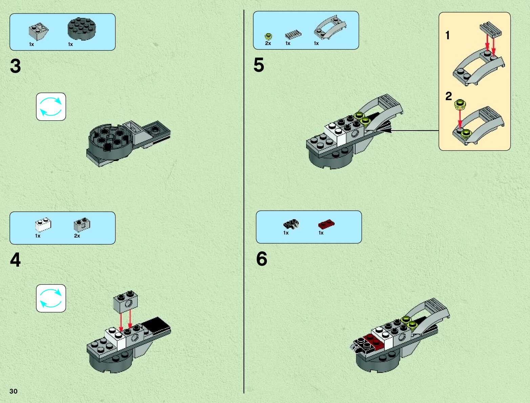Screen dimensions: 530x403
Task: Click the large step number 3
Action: [x=16, y=66]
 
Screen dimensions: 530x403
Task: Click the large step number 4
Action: [x=16, y=260]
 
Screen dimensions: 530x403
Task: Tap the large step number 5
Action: [x=259, y=65]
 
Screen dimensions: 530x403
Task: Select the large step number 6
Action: [x=262, y=259]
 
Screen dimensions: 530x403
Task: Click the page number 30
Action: [x=14, y=391]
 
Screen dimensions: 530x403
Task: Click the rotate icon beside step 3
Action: [x=51, y=107]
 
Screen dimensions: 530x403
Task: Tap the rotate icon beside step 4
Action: [x=51, y=298]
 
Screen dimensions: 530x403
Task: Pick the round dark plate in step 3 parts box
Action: [x=82, y=29]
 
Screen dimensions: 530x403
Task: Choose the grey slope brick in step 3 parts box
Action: [x=38, y=31]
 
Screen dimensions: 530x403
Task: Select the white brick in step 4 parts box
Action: [x=43, y=225]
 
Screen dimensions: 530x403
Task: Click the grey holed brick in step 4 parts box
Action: [x=82, y=224]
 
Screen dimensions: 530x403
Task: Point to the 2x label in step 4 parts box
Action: [x=77, y=236]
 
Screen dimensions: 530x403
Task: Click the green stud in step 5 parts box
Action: [x=268, y=37]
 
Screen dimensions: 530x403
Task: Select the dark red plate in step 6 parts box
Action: [x=326, y=224]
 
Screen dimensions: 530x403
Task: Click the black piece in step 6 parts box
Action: [x=291, y=224]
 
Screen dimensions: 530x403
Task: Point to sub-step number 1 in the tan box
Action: [x=448, y=35]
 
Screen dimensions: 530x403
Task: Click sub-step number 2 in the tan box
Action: [x=449, y=96]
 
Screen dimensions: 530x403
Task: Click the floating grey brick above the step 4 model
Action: [x=126, y=302]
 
